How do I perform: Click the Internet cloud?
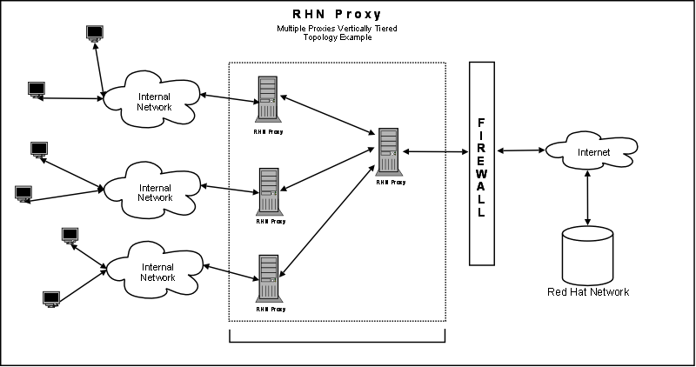[x=588, y=152]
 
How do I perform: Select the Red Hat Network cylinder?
[x=588, y=253]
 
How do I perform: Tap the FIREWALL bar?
[x=482, y=163]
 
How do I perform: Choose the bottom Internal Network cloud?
[x=157, y=271]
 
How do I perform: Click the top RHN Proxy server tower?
[x=268, y=98]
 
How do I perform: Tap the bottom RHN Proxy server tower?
[x=268, y=277]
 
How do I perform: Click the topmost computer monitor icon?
[x=95, y=33]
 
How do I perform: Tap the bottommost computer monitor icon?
[x=50, y=298]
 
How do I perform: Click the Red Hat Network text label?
[x=587, y=291]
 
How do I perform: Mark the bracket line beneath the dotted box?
[x=338, y=342]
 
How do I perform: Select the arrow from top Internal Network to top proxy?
[x=227, y=96]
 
